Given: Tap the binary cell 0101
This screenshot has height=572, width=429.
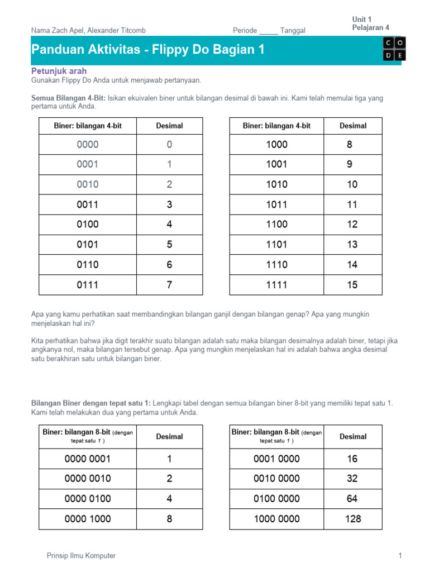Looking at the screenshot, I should click(88, 245).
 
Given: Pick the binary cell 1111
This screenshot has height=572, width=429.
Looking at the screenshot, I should click(277, 285).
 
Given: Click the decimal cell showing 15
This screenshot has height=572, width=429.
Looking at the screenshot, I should click(352, 285).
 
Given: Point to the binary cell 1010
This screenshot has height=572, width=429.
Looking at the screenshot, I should click(277, 184).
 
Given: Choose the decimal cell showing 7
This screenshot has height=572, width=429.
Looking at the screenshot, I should click(169, 285).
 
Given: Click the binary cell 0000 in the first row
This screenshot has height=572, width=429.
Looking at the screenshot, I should click(88, 144).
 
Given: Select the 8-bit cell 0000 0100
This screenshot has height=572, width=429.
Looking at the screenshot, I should click(88, 499).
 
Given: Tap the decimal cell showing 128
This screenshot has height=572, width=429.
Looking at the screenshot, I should click(353, 519).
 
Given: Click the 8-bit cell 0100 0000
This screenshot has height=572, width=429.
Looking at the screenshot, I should click(277, 499).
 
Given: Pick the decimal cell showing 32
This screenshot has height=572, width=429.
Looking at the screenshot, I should click(352, 479).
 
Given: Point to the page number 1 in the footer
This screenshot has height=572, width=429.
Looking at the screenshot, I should click(400, 555).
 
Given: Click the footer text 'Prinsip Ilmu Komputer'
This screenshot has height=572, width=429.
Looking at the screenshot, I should click(82, 555).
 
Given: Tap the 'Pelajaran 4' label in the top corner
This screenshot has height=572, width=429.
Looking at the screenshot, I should click(370, 27).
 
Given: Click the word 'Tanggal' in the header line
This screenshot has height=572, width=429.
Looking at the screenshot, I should click(293, 31).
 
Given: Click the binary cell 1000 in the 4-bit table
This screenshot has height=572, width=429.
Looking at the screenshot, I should click(277, 144).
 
